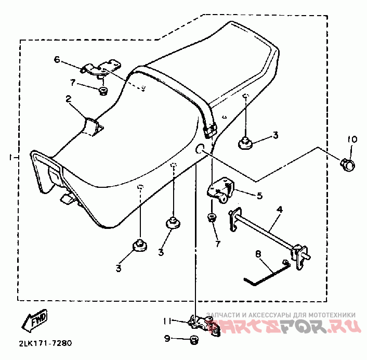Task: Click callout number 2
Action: pyautogui.click(x=68, y=98)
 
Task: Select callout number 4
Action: pyautogui.click(x=279, y=209)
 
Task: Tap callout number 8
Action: pyautogui.click(x=257, y=254)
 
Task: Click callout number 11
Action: pyautogui.click(x=167, y=320)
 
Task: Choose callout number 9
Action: pyautogui.click(x=167, y=339)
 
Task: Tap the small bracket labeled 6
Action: pyautogui.click(x=103, y=68)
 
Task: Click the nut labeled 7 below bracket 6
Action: pyautogui.click(x=103, y=92)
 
